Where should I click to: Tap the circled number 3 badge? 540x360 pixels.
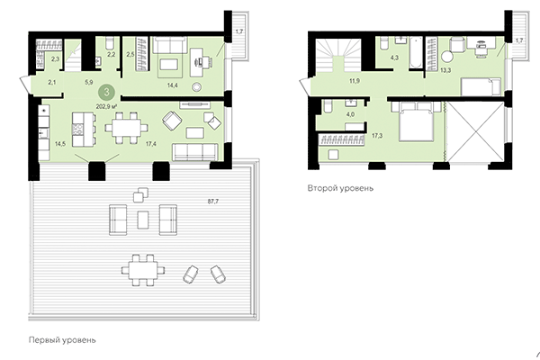(107, 91)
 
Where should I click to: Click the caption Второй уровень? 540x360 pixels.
(339, 190)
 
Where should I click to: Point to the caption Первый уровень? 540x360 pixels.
(64, 340)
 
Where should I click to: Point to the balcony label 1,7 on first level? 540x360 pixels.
(238, 33)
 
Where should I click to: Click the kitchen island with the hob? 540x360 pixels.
(80, 127)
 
